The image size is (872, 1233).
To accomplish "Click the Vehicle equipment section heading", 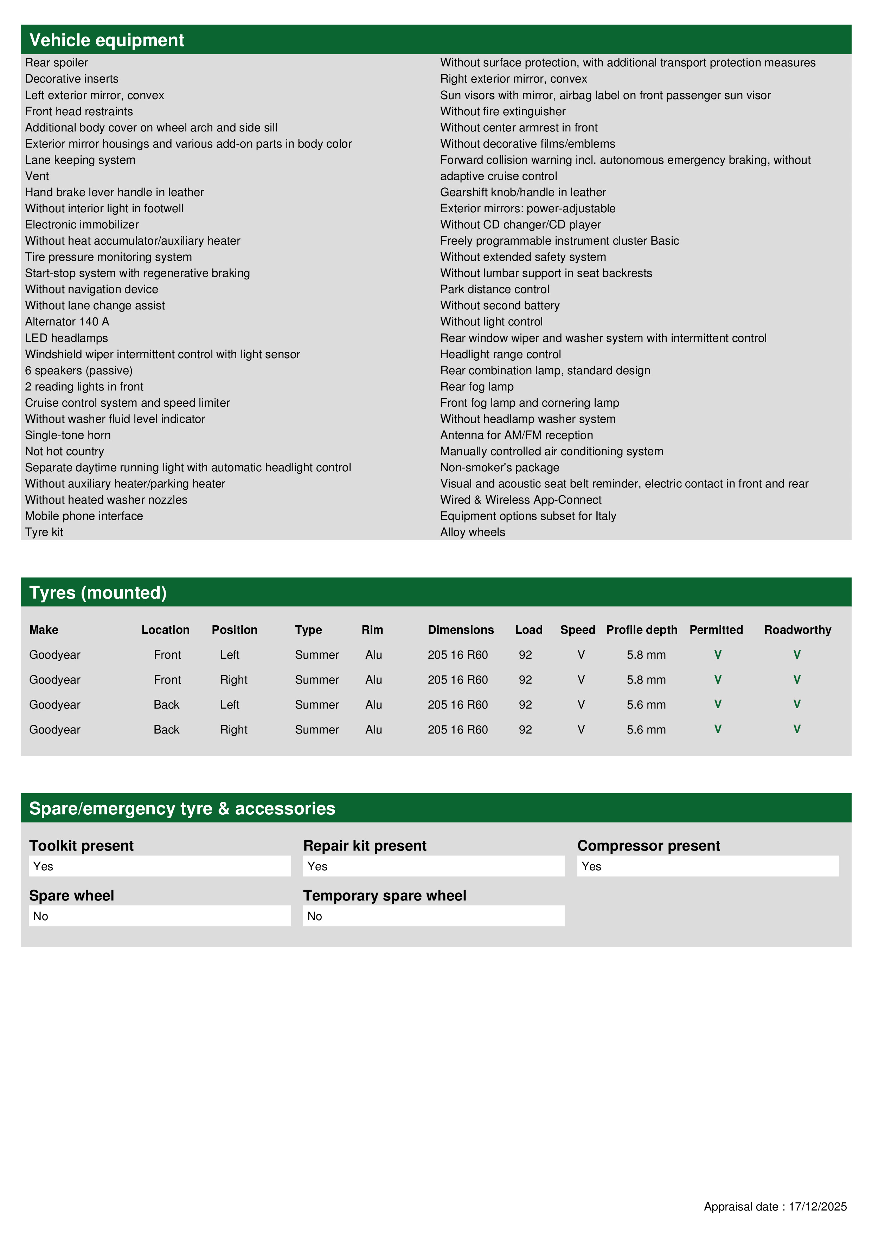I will click(107, 40).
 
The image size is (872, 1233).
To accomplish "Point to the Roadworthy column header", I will click(797, 630).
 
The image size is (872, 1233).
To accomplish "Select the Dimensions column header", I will click(461, 630).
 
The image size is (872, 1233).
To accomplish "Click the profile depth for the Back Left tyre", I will click(646, 705).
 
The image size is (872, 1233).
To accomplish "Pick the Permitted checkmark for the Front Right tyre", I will click(717, 679).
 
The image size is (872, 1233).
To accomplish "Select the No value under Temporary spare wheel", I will click(315, 916).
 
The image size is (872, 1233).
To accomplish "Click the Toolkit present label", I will click(81, 846).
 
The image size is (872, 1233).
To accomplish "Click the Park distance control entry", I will click(494, 290).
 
